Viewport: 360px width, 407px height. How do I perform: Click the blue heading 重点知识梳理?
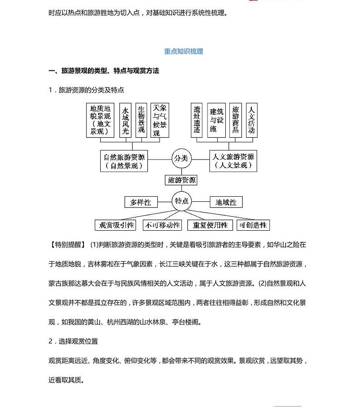click(183, 51)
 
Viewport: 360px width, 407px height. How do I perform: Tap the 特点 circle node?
click(181, 201)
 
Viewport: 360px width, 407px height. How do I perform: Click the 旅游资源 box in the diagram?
click(181, 180)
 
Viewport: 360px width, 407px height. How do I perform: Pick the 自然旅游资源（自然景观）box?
click(124, 161)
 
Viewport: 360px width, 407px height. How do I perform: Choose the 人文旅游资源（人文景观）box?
click(233, 161)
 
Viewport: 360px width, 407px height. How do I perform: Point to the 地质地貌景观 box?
click(100, 120)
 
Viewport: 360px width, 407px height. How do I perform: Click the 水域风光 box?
click(126, 121)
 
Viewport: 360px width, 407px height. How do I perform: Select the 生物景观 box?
click(141, 120)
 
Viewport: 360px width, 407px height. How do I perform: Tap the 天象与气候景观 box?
click(160, 120)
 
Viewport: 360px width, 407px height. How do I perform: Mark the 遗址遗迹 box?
click(197, 120)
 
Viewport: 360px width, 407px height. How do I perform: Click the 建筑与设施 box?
click(216, 120)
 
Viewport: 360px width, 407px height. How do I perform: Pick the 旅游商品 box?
click(235, 120)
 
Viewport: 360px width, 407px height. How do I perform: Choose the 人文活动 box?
click(252, 120)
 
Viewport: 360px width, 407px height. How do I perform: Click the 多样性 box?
click(141, 202)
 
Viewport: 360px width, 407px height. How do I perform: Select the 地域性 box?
click(226, 202)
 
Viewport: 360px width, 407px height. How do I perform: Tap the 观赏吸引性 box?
click(117, 225)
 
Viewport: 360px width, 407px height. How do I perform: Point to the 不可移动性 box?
click(162, 225)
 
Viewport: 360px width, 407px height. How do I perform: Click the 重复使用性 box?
click(210, 225)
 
